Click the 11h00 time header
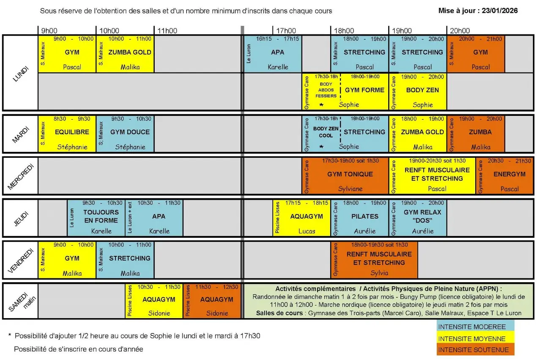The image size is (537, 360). [x=167, y=30]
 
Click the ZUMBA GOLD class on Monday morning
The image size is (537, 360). [x=129, y=52]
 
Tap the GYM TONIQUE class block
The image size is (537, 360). [x=350, y=174]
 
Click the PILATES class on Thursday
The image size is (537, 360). [x=364, y=216]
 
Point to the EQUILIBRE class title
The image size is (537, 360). [x=72, y=132]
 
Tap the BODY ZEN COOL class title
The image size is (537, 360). [x=326, y=132]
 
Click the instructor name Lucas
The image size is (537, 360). [x=307, y=231]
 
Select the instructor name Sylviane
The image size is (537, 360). [x=350, y=189]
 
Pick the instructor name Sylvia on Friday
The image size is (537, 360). [x=379, y=273]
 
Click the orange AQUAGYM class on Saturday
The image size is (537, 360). [x=216, y=300]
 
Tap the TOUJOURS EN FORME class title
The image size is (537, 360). [x=101, y=216]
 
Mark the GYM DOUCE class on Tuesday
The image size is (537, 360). [x=130, y=132]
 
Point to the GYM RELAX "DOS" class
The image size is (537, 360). [x=422, y=216]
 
